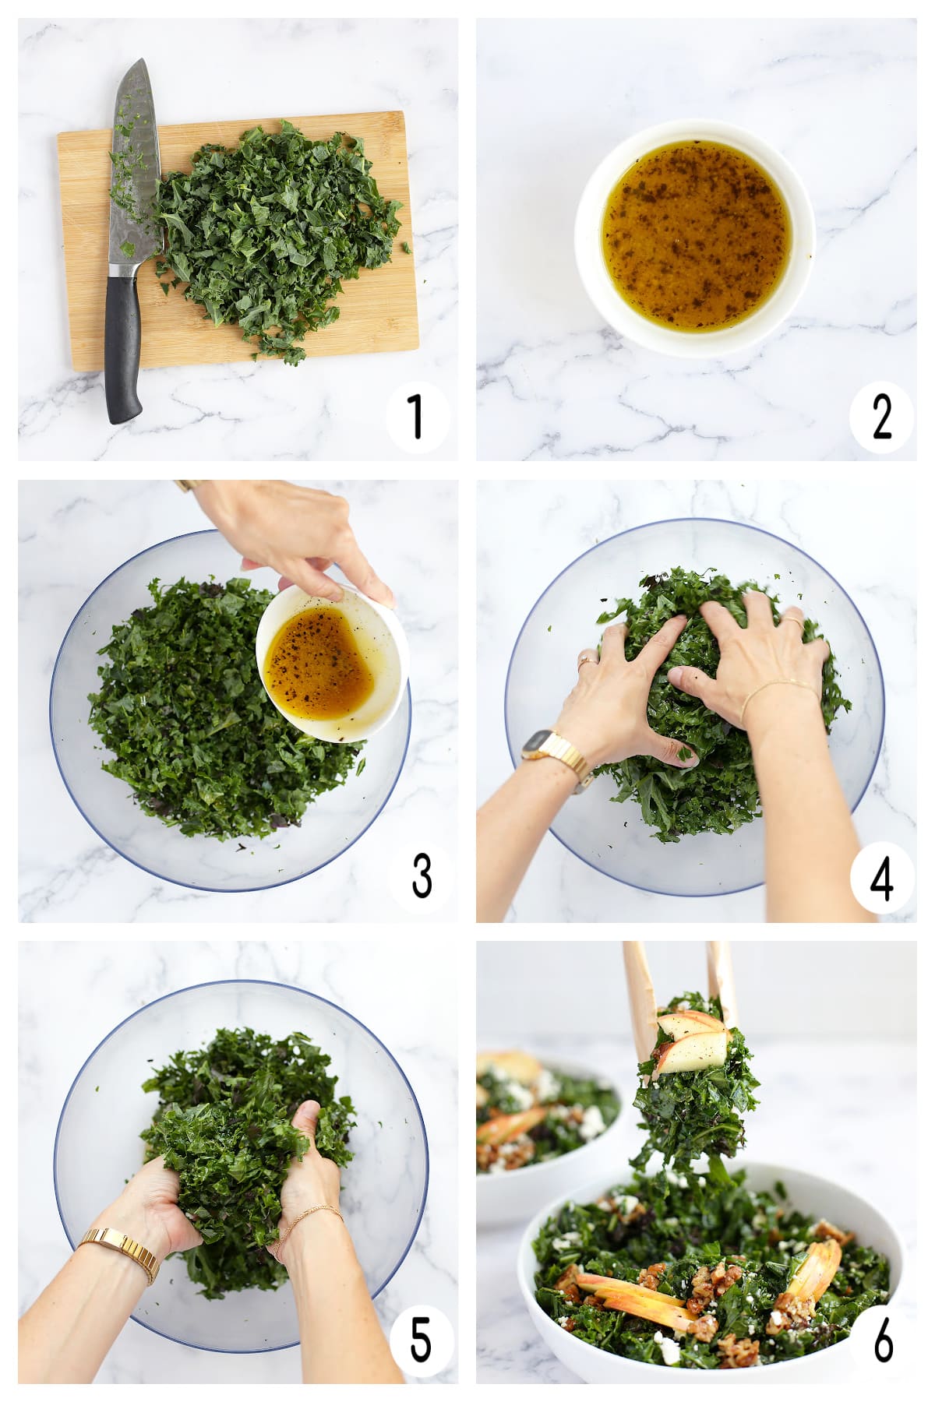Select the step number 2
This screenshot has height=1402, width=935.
coord(881,416)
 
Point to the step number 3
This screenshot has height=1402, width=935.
coord(422,875)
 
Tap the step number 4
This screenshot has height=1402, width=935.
coord(881,879)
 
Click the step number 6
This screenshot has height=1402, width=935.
coord(883,1340)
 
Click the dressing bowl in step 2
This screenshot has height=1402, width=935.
coord(695,237)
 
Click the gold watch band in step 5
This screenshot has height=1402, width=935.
coord(121,1248)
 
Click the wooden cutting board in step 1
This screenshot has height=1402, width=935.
coord(238,241)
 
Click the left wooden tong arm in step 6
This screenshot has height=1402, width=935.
coord(641,1005)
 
